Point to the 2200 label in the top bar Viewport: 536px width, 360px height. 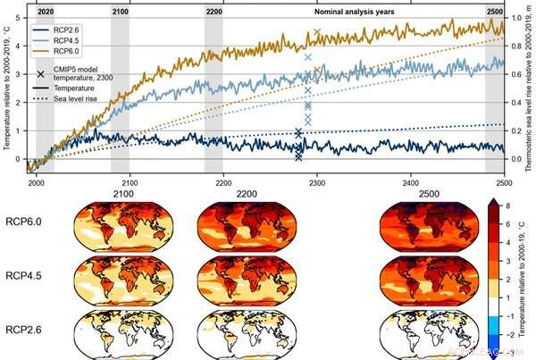tap(214, 10)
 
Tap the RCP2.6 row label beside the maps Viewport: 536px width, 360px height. tap(29, 330)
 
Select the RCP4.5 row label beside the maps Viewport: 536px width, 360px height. tap(29, 276)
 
